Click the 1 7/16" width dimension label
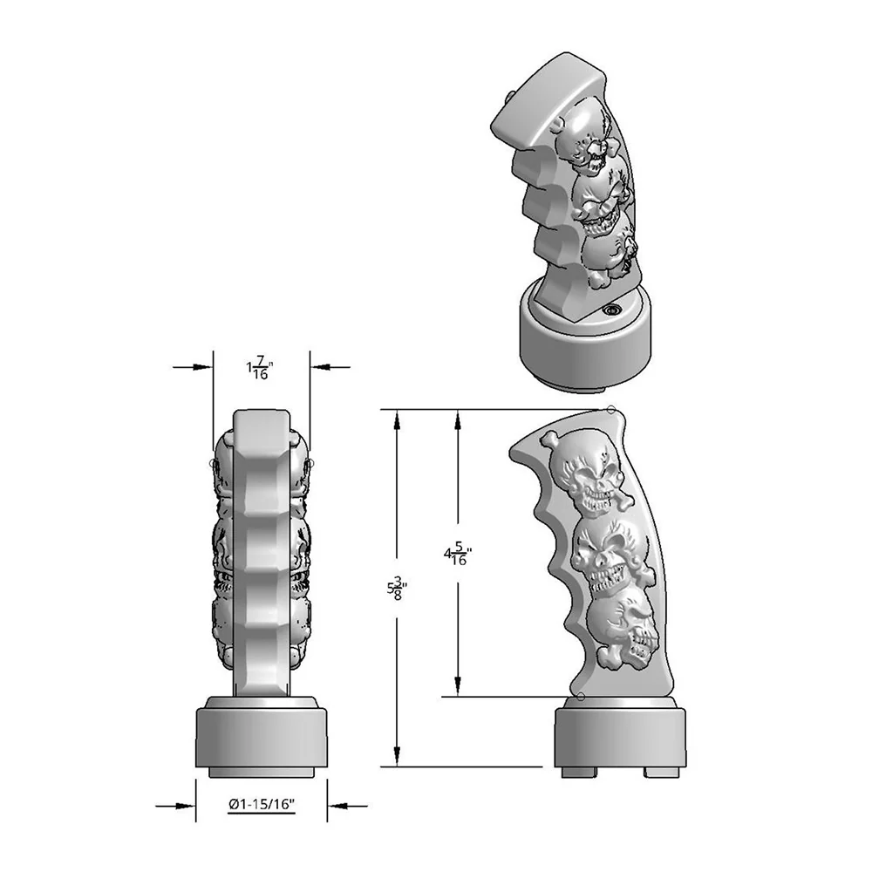click(x=260, y=369)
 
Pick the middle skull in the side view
click(x=604, y=556)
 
